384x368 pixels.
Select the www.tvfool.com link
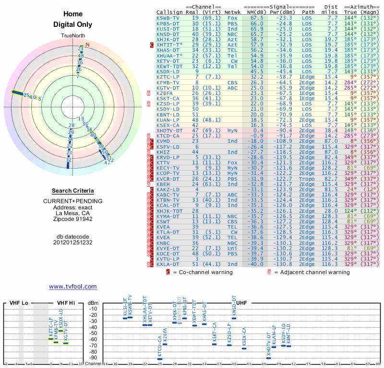click(x=73, y=287)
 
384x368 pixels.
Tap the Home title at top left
click(x=72, y=14)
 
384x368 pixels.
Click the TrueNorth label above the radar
click(x=72, y=36)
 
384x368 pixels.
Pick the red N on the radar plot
click(x=87, y=45)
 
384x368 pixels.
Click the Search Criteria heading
click(x=72, y=191)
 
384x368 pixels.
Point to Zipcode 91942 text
click(x=72, y=219)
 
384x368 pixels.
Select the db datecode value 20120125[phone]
click(x=72, y=242)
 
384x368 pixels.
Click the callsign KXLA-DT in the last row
click(x=168, y=264)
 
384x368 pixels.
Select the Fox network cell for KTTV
click(x=232, y=163)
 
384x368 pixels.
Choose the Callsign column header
click(x=168, y=11)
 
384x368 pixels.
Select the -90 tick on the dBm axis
click(x=92, y=357)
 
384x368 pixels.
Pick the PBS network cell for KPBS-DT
click(x=232, y=23)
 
